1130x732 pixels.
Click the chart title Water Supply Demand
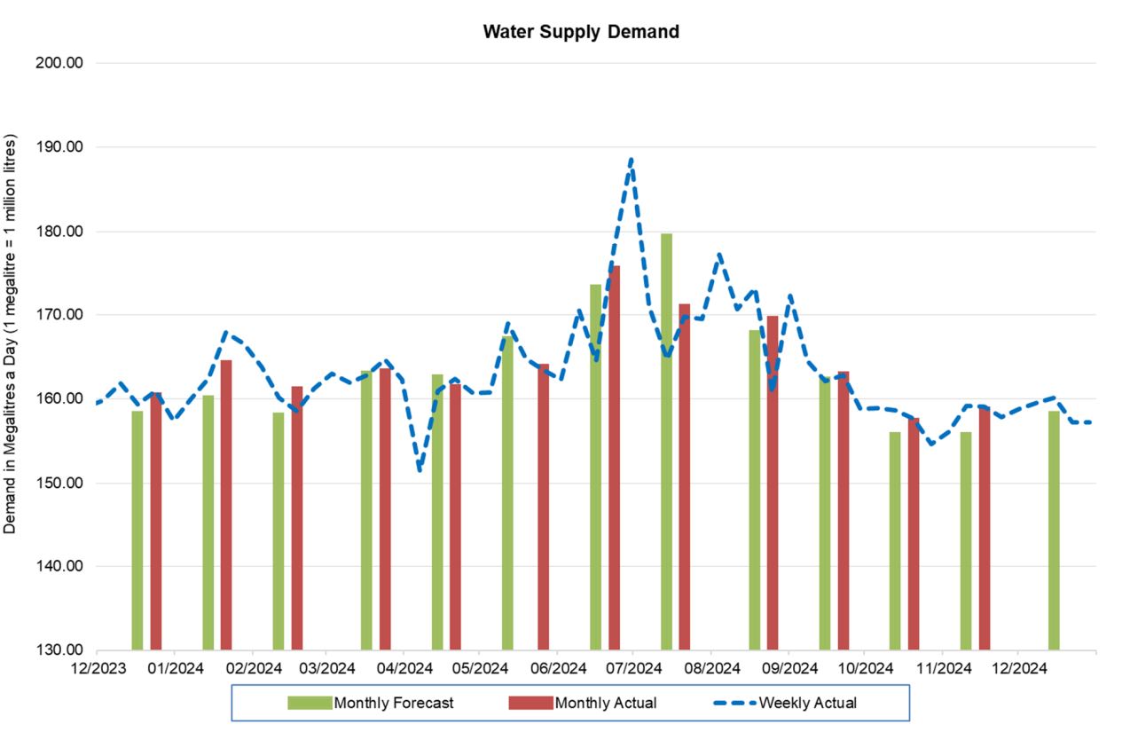click(581, 32)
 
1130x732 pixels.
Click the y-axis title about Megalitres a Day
click(11, 334)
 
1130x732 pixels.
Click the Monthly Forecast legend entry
click(371, 704)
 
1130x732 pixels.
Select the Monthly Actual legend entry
click(583, 704)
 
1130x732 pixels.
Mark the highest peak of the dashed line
click(631, 161)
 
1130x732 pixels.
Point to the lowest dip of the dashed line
click(419, 469)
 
